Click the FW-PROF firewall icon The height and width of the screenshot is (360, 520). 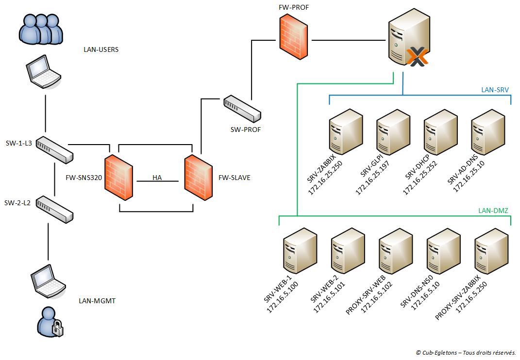click(294, 34)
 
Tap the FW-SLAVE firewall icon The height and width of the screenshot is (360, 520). click(198, 177)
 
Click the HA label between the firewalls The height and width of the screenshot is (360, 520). click(157, 178)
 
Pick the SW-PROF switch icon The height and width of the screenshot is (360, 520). click(242, 109)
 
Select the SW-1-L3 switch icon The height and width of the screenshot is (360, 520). click(55, 149)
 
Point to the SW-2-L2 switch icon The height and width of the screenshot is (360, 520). click(55, 209)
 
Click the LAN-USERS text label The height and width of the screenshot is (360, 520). click(101, 49)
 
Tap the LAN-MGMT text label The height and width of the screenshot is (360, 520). click(97, 301)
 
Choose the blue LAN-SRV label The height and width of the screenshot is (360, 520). click(495, 90)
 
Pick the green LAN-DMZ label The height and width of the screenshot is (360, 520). click(493, 210)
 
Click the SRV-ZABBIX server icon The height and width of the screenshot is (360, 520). click(346, 131)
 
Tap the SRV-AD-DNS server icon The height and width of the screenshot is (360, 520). click(488, 131)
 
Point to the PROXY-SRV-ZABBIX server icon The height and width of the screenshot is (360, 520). click(491, 251)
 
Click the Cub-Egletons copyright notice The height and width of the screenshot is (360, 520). click(465, 353)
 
